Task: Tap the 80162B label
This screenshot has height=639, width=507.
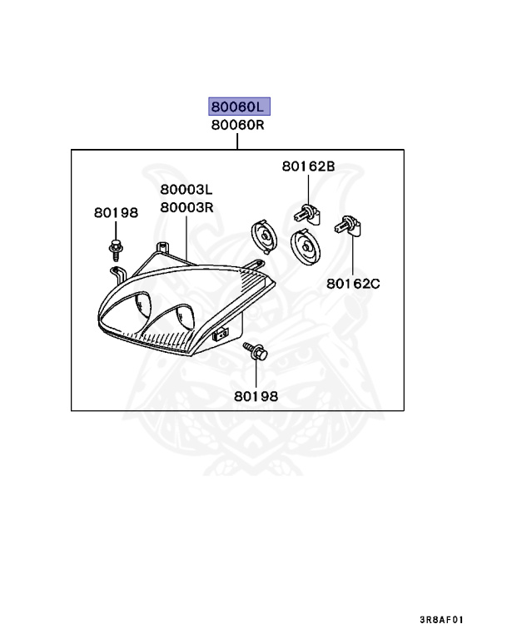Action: tap(308, 166)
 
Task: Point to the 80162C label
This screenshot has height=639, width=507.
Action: tap(353, 284)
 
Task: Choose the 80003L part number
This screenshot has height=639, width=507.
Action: tap(187, 190)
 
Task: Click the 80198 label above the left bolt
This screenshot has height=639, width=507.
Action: tap(116, 213)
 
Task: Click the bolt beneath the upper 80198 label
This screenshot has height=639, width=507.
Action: tap(115, 246)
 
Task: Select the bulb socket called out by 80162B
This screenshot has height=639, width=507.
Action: tap(306, 213)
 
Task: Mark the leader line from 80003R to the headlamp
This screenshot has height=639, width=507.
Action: tap(187, 237)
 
